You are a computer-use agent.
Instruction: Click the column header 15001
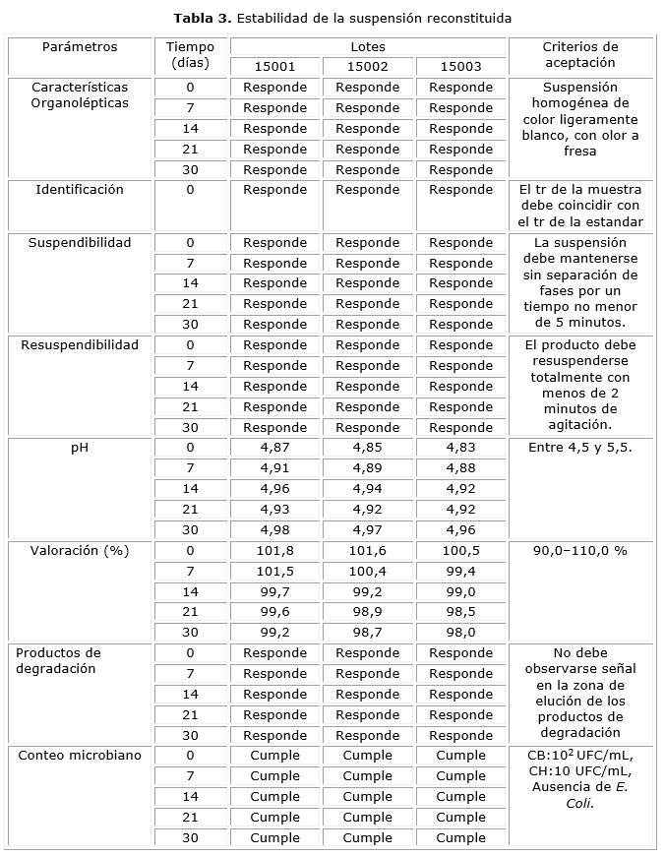[x=274, y=67]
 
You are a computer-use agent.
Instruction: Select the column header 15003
[x=460, y=67]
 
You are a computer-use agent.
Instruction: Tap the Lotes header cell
[x=368, y=46]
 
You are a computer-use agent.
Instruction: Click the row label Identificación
[x=80, y=190]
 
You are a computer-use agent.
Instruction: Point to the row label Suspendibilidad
[x=80, y=242]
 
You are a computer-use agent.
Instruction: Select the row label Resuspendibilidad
[x=80, y=345]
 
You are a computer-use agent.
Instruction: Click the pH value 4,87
[x=274, y=448]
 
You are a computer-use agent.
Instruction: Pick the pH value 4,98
[x=274, y=530]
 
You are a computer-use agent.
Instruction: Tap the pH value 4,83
[x=460, y=448]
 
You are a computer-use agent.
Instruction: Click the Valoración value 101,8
[x=274, y=551]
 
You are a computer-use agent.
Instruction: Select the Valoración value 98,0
[x=460, y=633]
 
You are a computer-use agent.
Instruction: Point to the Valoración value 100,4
[x=368, y=572]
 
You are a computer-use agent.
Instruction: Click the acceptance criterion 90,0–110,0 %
[x=580, y=551]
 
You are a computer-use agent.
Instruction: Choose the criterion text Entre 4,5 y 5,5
[x=580, y=448]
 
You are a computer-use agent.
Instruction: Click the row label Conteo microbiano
[x=79, y=756]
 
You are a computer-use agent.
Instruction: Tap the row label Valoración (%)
[x=80, y=551]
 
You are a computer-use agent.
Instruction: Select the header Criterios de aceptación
[x=580, y=55]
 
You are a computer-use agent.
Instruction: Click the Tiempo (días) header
[x=190, y=55]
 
